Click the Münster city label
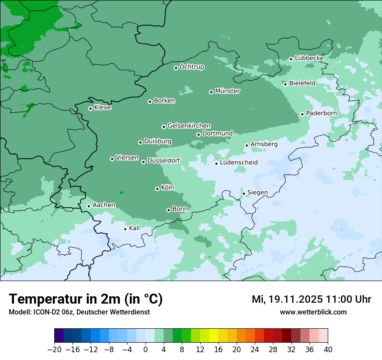coord(227,91)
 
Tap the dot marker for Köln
coord(157,189)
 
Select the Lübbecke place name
coord(309,58)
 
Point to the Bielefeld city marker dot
coord(285,84)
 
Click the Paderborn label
coord(321,113)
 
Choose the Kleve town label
coord(102,108)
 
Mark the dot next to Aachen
coord(89,206)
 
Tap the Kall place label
coord(134,228)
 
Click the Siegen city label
coord(257,193)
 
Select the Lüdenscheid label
coord(239,163)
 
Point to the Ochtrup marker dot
coord(176,68)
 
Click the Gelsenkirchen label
coord(189,126)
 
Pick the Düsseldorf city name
coord(163,160)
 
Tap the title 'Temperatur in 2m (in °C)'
coord(86,299)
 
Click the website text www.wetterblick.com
coord(313,312)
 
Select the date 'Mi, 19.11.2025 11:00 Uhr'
coord(311,299)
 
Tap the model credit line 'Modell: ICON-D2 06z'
coord(79,312)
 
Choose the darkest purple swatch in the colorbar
coord(59,336)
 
